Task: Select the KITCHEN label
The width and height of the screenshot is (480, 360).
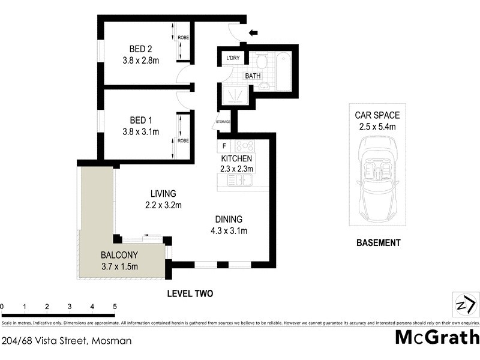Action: pos(236,158)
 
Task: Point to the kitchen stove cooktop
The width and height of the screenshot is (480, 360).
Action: pos(245,146)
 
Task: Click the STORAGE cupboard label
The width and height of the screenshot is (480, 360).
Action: pos(223,123)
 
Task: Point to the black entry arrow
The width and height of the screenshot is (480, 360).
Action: pos(254,33)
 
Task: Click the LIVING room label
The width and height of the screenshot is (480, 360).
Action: pos(163,194)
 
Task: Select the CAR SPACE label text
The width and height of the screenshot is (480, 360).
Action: pos(377,115)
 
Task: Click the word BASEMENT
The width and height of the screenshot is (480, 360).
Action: pos(378,243)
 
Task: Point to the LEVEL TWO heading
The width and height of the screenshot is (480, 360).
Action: pos(189,293)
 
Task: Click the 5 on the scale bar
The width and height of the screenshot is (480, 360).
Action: pos(115,307)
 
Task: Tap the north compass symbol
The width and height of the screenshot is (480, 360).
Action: pos(463,305)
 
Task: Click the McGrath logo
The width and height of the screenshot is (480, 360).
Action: pos(437,337)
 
